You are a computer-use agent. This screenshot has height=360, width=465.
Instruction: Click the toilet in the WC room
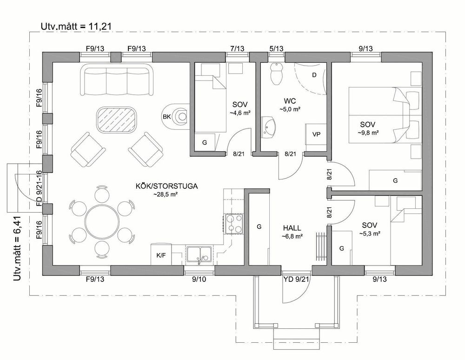pyautogui.click(x=276, y=74)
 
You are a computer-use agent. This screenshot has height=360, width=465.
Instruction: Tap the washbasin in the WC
pyautogui.click(x=269, y=127)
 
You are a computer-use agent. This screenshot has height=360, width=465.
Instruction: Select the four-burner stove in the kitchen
pyautogui.click(x=234, y=224)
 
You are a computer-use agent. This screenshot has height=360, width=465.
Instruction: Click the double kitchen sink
pyautogui.click(x=199, y=255)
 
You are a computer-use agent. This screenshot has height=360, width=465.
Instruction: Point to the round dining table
pyautogui.click(x=102, y=222)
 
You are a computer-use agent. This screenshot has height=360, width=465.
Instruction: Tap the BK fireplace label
pyautogui.click(x=166, y=117)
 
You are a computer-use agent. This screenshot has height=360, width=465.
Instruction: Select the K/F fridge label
pyautogui.click(x=161, y=255)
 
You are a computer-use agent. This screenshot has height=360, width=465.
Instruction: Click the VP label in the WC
pyautogui.click(x=316, y=134)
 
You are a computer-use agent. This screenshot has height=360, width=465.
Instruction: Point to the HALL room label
pyautogui.click(x=292, y=228)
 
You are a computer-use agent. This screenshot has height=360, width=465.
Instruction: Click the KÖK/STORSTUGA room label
pyautogui.click(x=166, y=186)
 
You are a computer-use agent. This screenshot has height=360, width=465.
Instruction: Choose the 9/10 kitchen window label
pyautogui.click(x=199, y=279)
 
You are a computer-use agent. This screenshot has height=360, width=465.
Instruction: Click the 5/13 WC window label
pyautogui.click(x=276, y=48)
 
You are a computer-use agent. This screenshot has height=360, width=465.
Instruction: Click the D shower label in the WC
pyautogui.click(x=314, y=75)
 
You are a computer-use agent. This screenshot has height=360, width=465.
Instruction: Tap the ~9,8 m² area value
pyautogui.click(x=368, y=133)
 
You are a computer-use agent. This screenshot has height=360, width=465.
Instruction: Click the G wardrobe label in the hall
pyautogui.click(x=259, y=227)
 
